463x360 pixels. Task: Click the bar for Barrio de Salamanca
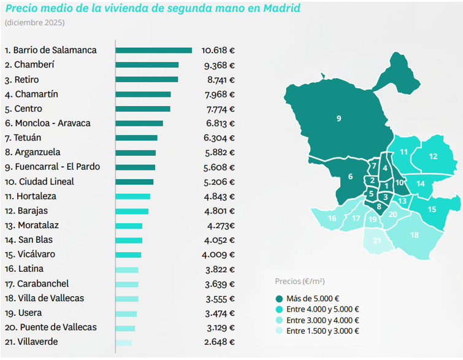[153, 50]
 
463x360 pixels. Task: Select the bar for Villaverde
[123, 342]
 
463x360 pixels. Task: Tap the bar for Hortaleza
[133, 196]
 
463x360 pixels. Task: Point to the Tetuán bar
[137, 138]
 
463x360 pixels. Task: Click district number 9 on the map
[339, 118]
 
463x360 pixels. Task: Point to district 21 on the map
[377, 241]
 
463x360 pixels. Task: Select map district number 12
[433, 156]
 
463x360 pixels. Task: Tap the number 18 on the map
[415, 235]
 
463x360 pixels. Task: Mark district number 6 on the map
[350, 177]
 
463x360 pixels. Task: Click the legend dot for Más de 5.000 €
[279, 299]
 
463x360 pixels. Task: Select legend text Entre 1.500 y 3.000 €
[323, 331]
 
